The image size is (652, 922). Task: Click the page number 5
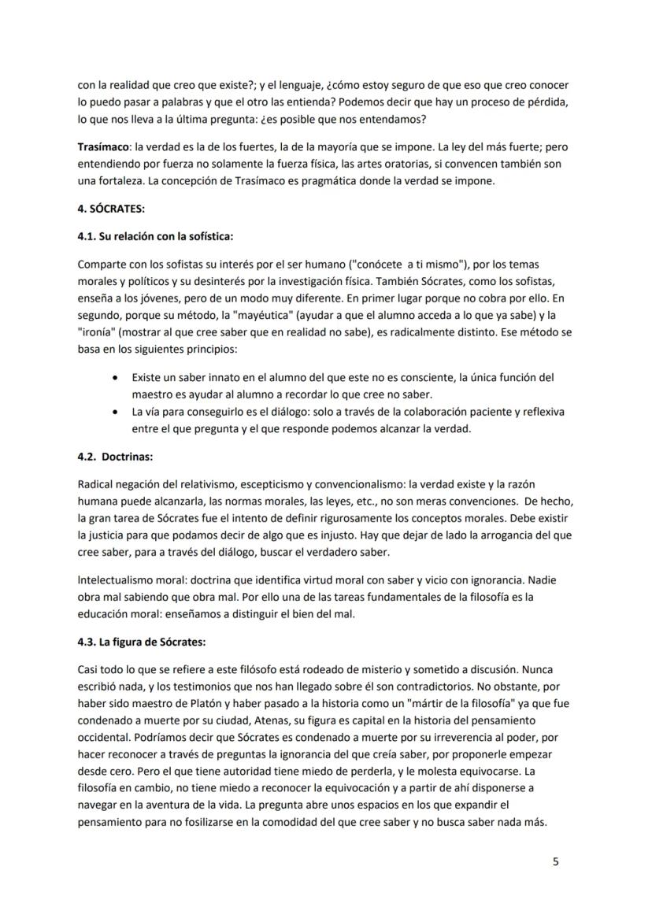(x=556, y=861)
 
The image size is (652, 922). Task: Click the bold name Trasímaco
(x=103, y=146)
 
